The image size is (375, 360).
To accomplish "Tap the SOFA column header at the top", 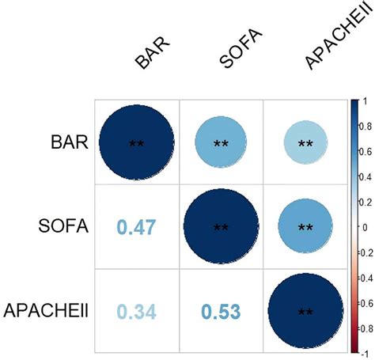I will click(238, 52).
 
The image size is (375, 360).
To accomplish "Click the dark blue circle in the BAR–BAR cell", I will click(136, 143).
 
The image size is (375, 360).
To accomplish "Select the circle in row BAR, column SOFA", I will click(221, 143).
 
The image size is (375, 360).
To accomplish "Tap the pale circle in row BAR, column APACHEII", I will click(305, 143).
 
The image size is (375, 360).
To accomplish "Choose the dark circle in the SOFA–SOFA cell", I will click(221, 227).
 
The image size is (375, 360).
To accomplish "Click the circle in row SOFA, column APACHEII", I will click(305, 227).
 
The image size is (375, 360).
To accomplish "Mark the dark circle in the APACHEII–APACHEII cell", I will click(305, 311).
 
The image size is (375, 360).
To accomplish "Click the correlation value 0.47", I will click(136, 228).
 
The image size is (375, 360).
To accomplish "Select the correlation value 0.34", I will click(136, 312).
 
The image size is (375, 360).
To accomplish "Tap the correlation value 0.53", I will click(221, 312).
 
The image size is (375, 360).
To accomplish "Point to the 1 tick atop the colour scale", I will click(365, 100).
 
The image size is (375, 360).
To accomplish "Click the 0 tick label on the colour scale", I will click(365, 227).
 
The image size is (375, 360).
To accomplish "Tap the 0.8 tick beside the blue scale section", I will click(367, 126).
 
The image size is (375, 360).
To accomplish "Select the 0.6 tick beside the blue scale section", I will click(367, 151).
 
